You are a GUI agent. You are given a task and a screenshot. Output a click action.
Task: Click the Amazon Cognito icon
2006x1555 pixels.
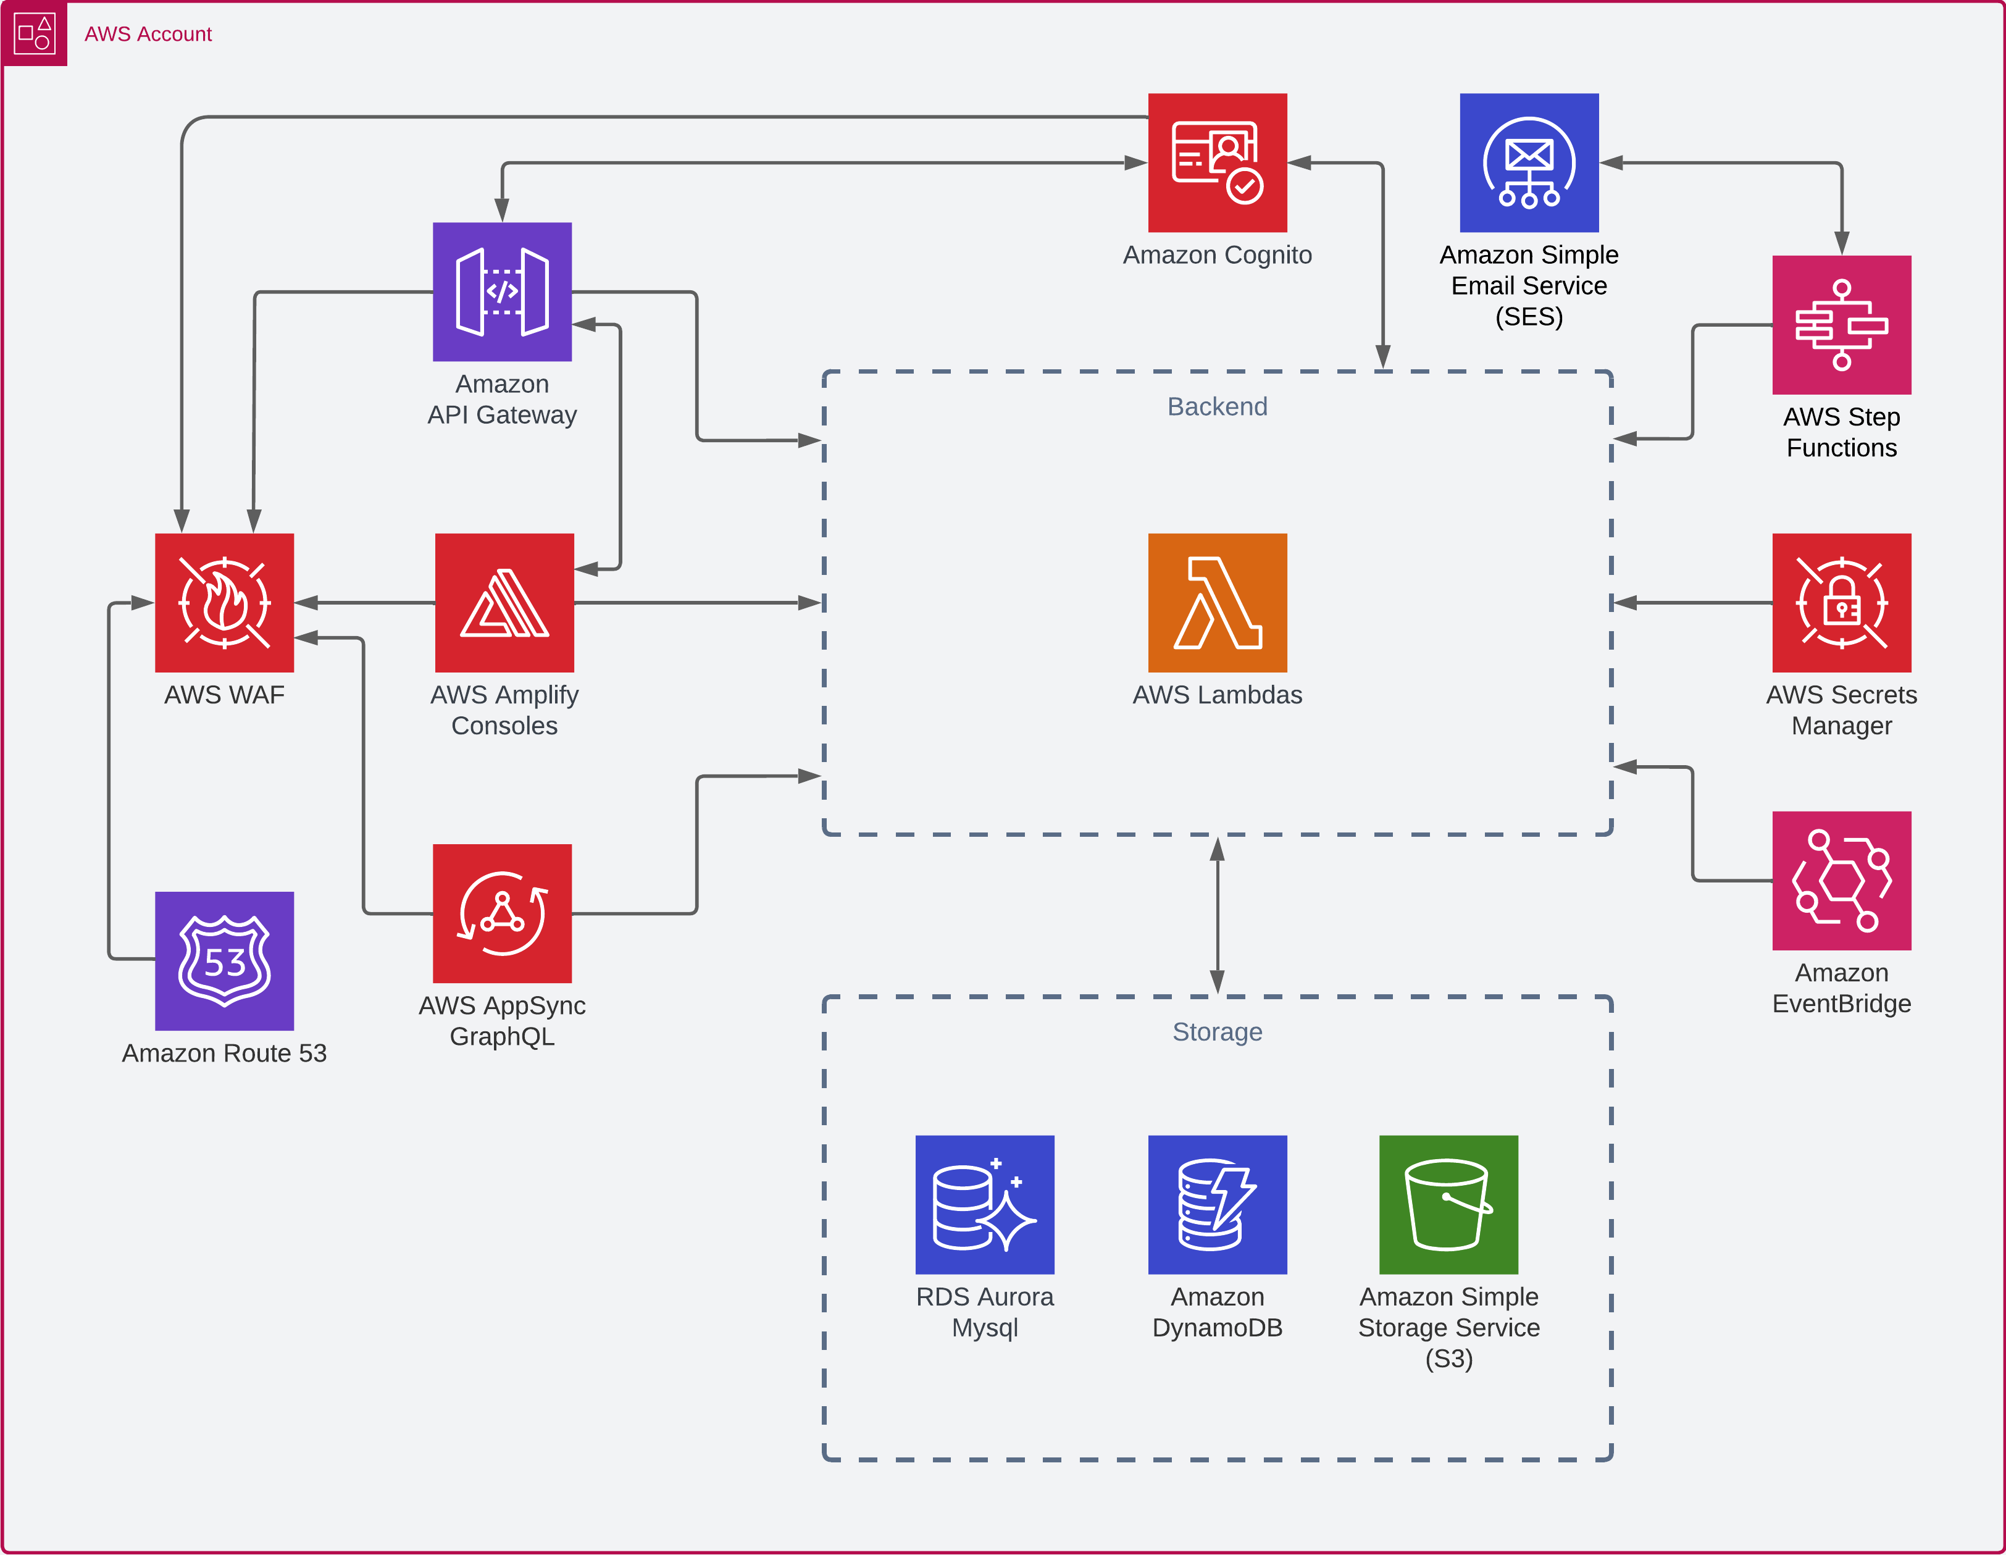click(1217, 162)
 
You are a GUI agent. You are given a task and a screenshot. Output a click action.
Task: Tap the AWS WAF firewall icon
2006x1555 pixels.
click(224, 603)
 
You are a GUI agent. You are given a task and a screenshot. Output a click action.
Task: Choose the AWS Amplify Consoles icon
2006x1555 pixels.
click(504, 603)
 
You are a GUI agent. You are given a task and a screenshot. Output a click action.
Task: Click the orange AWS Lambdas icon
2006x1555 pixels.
click(1217, 603)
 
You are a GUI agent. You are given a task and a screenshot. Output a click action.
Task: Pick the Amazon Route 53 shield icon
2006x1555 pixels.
click(224, 961)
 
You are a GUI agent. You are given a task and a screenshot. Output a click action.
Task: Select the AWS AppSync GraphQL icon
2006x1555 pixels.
click(503, 913)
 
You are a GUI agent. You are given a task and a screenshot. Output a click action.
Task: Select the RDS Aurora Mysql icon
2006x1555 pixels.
click(985, 1204)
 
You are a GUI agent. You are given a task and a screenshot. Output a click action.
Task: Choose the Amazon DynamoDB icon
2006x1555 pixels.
click(1217, 1204)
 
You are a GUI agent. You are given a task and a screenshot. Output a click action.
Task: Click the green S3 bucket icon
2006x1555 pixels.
click(1448, 1204)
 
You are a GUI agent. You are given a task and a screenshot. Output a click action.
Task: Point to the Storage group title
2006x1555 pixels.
click(1217, 1031)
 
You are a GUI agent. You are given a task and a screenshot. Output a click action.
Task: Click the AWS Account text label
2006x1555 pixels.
click(148, 34)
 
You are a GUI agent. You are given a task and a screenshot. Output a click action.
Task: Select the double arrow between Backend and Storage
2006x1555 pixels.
click(1217, 916)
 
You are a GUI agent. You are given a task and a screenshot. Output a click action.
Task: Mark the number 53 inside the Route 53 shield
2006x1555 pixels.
click(224, 963)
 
